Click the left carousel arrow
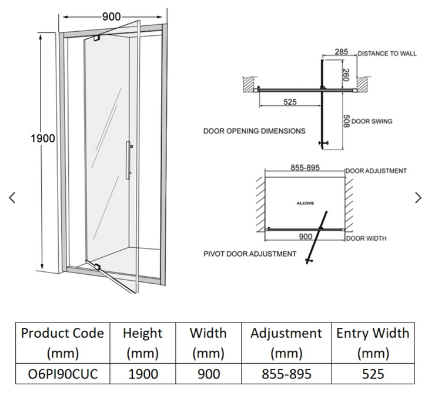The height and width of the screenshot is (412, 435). [12, 198]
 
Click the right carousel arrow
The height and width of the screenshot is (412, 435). [418, 198]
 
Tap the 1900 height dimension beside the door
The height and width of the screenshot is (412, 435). [43, 138]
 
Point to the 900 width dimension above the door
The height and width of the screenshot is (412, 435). [111, 16]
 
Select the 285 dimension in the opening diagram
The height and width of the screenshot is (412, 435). [342, 52]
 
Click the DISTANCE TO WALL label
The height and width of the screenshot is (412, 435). [387, 54]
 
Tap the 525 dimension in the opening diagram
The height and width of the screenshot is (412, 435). [290, 102]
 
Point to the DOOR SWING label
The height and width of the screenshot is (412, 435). [372, 121]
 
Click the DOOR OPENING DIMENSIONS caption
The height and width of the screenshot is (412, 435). [255, 131]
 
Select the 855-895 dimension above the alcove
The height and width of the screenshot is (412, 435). [305, 168]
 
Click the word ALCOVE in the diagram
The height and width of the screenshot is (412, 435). [305, 203]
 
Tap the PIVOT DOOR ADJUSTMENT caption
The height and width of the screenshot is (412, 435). [250, 254]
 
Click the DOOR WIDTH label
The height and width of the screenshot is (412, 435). [366, 238]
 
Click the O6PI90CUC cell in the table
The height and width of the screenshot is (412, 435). [62, 374]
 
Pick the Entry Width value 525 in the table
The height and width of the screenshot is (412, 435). [373, 374]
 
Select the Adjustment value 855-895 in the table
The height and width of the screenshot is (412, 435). [286, 374]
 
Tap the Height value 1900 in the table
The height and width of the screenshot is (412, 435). [142, 374]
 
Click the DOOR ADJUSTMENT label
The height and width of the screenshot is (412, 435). [376, 171]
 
